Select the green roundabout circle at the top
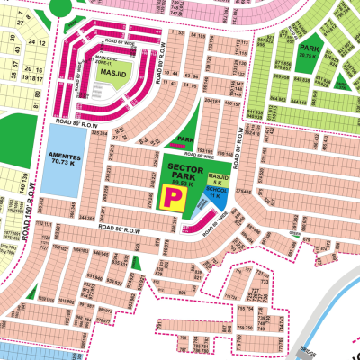coord(60,6)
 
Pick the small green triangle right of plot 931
coord(135,263)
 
